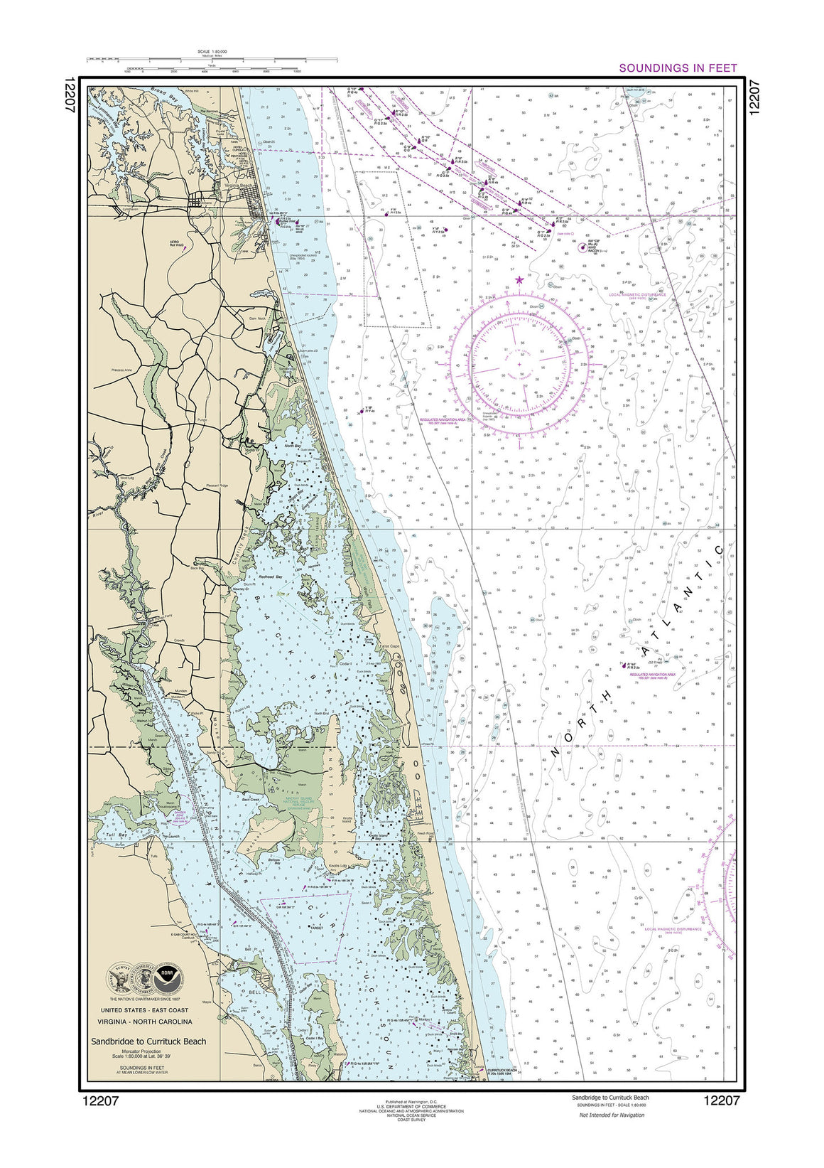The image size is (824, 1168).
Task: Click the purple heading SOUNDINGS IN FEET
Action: point(678,68)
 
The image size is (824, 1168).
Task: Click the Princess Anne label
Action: point(123,370)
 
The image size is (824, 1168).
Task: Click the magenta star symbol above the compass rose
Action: point(519,279)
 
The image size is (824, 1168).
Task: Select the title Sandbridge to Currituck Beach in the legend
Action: point(148,1041)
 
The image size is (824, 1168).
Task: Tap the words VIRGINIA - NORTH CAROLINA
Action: point(145,1022)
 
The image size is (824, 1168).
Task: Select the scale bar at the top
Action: point(212,63)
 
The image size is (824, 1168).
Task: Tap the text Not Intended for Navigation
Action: point(612,1115)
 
